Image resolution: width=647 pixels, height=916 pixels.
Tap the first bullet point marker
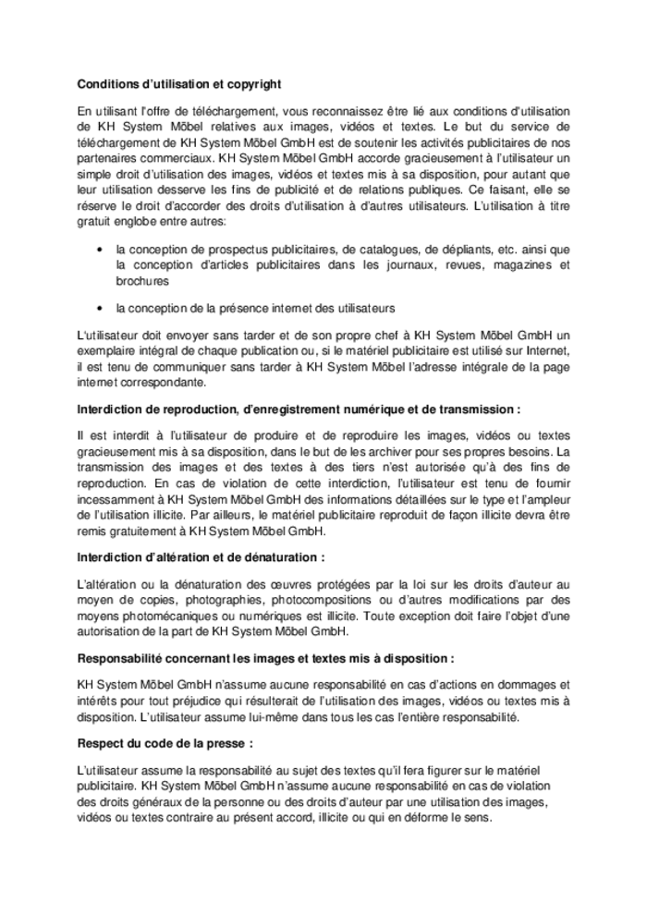click(99, 250)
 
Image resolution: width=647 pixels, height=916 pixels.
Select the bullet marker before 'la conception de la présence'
click(99, 307)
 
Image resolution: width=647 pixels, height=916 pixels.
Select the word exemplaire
click(109, 352)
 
